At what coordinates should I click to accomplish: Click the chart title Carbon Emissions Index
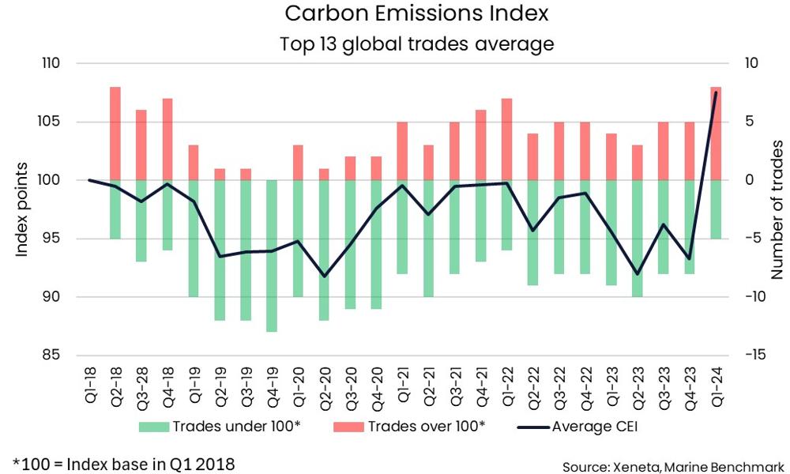coord(416,14)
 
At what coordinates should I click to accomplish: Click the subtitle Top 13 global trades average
coord(416,44)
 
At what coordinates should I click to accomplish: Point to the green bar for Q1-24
coord(717,209)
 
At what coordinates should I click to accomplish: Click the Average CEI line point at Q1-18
coord(88,180)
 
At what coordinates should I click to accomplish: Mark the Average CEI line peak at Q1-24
coord(716,92)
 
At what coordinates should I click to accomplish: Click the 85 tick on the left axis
coord(59,355)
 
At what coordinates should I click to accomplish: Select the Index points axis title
coord(23,209)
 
